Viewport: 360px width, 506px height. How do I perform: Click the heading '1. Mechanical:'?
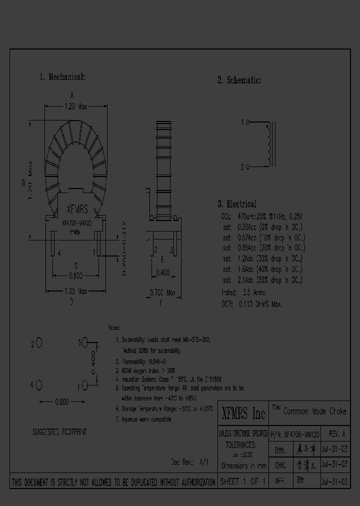pyautogui.click(x=62, y=77)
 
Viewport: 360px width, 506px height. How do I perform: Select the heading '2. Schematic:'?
pyautogui.click(x=239, y=80)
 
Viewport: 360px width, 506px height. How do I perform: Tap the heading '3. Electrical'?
pyautogui.click(x=236, y=204)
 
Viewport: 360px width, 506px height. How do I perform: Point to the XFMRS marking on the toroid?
pyautogui.click(x=77, y=211)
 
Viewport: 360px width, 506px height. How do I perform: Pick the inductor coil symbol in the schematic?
pyautogui.click(x=271, y=144)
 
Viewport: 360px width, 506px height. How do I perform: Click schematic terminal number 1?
pyautogui.click(x=243, y=122)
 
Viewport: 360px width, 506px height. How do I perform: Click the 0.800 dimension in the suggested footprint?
pyautogui.click(x=61, y=401)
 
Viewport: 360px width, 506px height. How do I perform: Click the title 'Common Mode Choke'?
pyautogui.click(x=314, y=411)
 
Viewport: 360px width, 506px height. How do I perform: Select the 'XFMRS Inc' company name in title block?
pyautogui.click(x=243, y=413)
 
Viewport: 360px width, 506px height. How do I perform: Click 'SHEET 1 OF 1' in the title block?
pyautogui.click(x=243, y=481)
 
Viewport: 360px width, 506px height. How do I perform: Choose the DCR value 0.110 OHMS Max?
pyautogui.click(x=259, y=303)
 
